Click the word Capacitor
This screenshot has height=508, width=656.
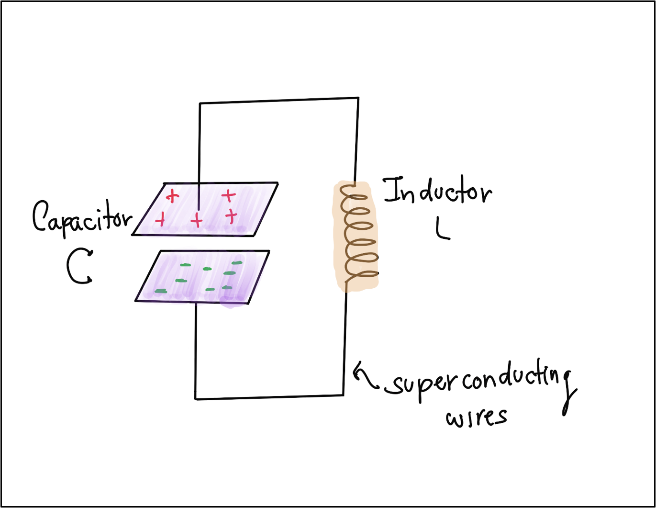(x=81, y=218)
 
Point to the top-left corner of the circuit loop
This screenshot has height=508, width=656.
(x=200, y=103)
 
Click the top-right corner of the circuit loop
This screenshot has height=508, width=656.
(x=358, y=98)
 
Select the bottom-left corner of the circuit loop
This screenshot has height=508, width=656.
(x=195, y=399)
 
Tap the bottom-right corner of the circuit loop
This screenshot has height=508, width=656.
(x=344, y=395)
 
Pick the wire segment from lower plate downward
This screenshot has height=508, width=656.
(x=196, y=350)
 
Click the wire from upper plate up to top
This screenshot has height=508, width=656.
(x=200, y=144)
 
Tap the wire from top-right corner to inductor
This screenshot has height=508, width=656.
(x=356, y=139)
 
